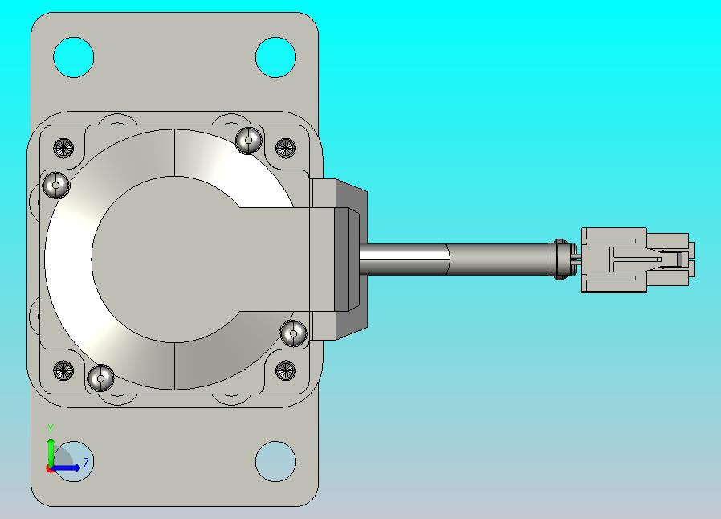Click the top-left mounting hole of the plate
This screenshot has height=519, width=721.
(x=74, y=58)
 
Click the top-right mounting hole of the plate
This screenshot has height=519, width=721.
(x=275, y=58)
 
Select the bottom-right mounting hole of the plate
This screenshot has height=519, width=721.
(x=275, y=461)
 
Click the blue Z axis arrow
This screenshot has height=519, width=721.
(x=65, y=468)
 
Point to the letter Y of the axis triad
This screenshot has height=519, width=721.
(x=51, y=429)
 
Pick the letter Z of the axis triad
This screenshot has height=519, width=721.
(x=86, y=463)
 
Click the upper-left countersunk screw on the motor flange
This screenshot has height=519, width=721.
(x=63, y=148)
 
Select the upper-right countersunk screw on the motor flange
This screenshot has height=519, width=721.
(x=286, y=148)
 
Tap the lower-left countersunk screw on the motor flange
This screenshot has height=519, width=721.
(x=63, y=370)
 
